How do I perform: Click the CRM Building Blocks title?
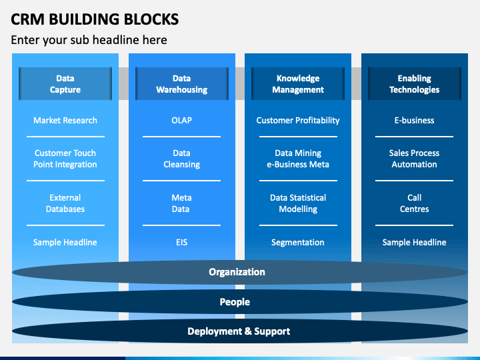click(95, 19)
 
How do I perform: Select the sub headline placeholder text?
click(89, 40)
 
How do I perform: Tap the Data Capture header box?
click(65, 83)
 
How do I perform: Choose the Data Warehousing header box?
click(182, 83)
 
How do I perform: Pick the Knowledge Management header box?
click(298, 83)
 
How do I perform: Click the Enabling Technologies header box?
click(415, 83)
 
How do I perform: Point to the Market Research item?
click(65, 120)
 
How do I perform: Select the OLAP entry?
click(181, 120)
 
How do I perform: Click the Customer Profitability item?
click(298, 121)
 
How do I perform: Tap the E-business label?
click(414, 120)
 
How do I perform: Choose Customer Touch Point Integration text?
click(65, 159)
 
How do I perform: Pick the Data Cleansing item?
click(181, 159)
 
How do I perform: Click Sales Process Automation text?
click(414, 159)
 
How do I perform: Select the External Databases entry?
click(65, 203)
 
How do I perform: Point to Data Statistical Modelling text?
click(298, 203)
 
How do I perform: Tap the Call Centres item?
click(414, 203)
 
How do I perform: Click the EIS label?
click(181, 243)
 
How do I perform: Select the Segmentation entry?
click(298, 243)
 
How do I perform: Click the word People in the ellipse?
click(235, 302)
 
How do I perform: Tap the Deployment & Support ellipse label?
click(239, 331)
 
